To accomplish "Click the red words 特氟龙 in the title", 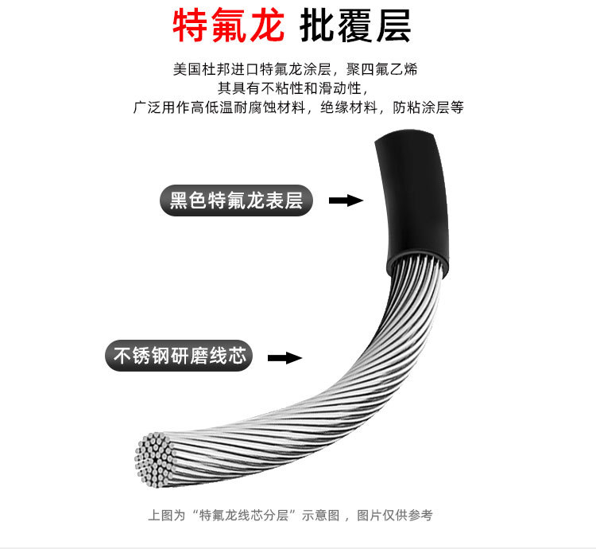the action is [228, 27].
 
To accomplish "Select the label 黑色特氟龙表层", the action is [237, 200].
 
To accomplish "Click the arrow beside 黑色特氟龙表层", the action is [346, 201].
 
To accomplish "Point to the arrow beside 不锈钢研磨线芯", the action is [284, 358].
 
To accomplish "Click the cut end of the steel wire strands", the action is [155, 460].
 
